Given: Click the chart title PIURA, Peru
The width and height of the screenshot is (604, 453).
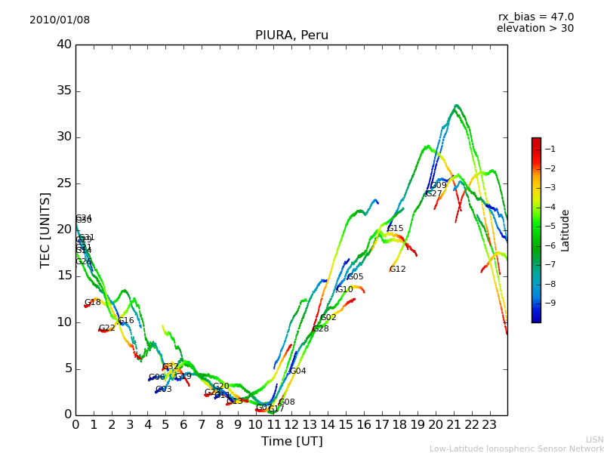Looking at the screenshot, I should click(x=291, y=35).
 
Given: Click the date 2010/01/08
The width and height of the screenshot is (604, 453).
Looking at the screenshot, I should click(x=60, y=20).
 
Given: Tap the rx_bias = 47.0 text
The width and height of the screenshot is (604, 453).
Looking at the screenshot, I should click(x=535, y=17).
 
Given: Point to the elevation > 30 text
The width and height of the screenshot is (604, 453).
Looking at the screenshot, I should click(x=535, y=29).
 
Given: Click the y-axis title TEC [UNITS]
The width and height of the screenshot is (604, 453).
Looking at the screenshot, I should click(x=46, y=230).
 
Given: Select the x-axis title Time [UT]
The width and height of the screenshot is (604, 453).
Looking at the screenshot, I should click(x=291, y=441).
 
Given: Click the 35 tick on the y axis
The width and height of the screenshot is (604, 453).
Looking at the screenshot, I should click(x=64, y=91).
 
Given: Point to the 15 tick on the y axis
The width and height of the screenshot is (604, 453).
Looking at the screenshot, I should click(x=64, y=276).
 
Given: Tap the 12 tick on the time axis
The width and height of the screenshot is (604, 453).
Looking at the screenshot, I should click(x=291, y=424).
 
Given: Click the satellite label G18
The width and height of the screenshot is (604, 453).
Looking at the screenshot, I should click(x=92, y=303).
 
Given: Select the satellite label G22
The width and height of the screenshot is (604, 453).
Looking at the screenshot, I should click(x=106, y=328).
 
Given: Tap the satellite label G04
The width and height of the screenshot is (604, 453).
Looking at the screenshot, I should click(x=298, y=371).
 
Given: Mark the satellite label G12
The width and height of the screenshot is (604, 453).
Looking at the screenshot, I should click(x=397, y=270).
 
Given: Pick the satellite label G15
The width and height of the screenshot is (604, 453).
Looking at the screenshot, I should click(x=395, y=229).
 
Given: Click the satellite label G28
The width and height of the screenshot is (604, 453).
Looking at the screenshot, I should click(x=320, y=329).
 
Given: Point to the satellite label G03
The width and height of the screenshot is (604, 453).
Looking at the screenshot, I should click(x=163, y=390).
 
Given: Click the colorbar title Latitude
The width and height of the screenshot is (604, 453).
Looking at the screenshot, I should click(x=565, y=230).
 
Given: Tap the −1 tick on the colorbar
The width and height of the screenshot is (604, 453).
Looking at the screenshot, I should click(x=550, y=149).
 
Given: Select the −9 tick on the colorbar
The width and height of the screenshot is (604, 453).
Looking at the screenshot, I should click(x=550, y=303).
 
